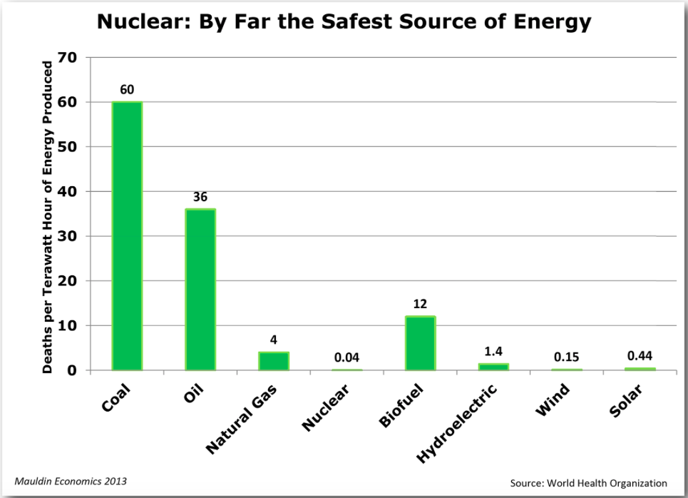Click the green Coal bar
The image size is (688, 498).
click(x=127, y=235)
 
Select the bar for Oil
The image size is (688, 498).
click(x=200, y=289)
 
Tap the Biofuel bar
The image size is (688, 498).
click(x=420, y=343)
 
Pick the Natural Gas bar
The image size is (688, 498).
click(x=274, y=361)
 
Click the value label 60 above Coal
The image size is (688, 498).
click(x=127, y=90)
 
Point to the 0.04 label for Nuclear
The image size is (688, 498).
click(x=346, y=356)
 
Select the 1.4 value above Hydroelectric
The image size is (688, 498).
click(x=493, y=351)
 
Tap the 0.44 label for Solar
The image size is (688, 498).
click(x=640, y=355)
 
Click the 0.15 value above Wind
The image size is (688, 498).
click(x=567, y=357)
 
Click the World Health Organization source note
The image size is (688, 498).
click(x=588, y=483)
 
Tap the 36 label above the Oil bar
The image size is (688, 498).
click(x=200, y=198)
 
